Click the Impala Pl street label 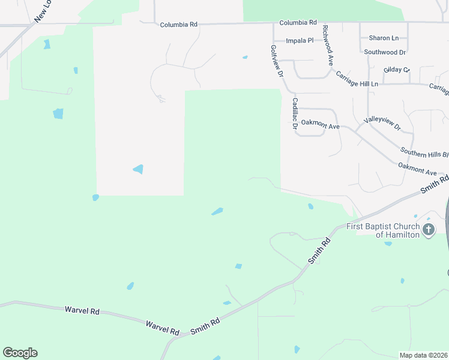pos(300,41)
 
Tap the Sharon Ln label pos(384,38)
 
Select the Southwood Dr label pos(385,52)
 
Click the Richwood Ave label pos(328,45)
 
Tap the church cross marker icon pos(429,230)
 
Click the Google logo pos(20,353)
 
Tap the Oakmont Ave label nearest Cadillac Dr pos(321,126)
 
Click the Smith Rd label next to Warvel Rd pos(205,326)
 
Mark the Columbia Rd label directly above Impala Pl pos(298,22)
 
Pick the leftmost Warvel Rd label pos(82,310)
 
